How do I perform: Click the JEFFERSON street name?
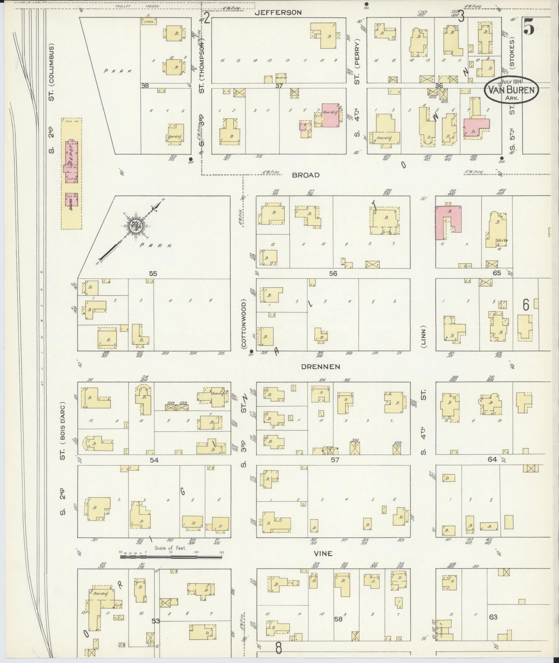[x=278, y=13]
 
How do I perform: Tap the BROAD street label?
[x=305, y=175]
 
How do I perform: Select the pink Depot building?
[x=71, y=162]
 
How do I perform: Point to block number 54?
[x=154, y=460]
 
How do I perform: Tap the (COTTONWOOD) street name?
[x=244, y=324]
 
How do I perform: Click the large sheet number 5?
[x=528, y=27]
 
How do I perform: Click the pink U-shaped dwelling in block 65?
[x=448, y=221]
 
